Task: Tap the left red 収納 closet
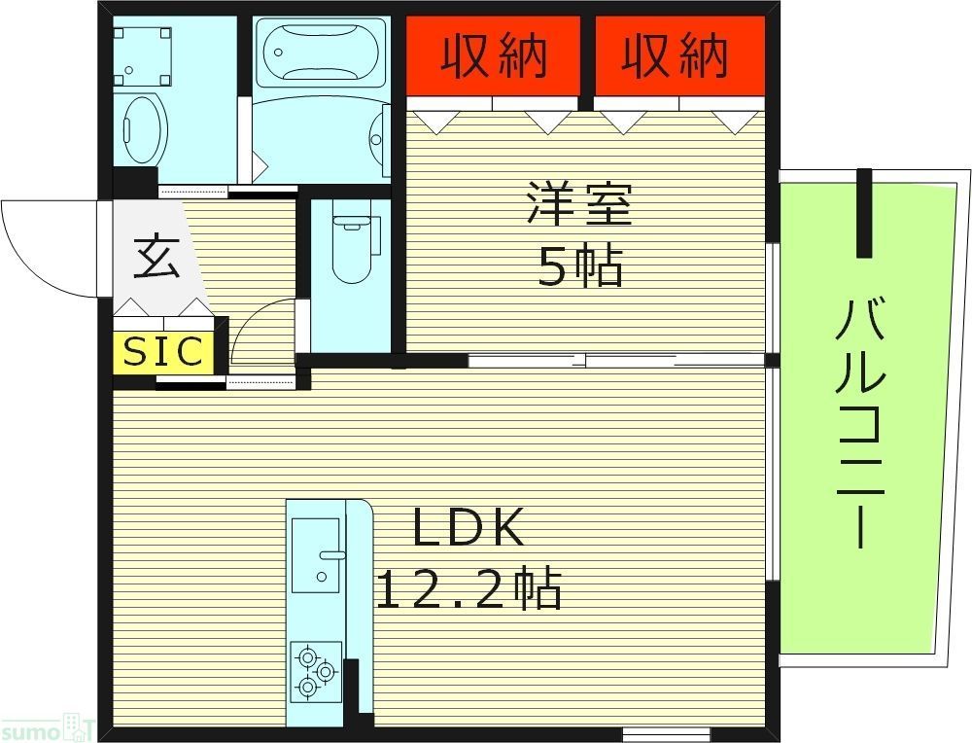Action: click(493, 55)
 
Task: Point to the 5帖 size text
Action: click(579, 265)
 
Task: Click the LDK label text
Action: click(469, 529)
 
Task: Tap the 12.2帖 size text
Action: click(469, 588)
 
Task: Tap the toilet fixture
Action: click(350, 247)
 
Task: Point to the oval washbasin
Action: click(145, 128)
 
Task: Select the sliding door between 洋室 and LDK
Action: click(622, 361)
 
